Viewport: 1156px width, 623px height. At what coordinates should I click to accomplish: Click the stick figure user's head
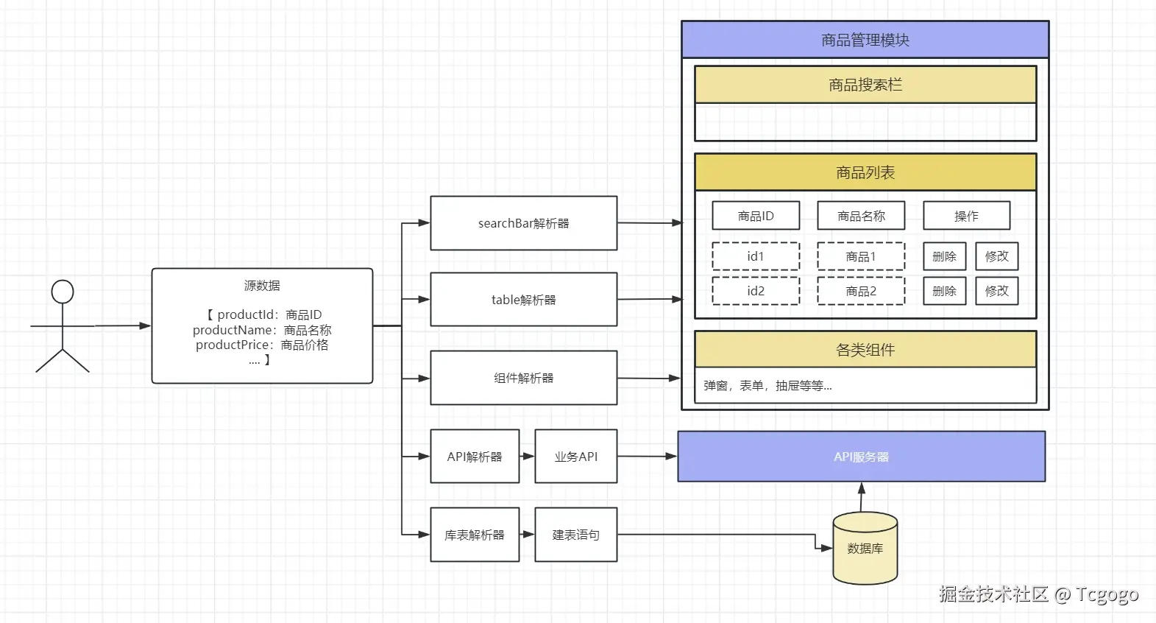pos(63,292)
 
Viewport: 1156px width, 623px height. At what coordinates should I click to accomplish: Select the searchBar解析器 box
pos(523,223)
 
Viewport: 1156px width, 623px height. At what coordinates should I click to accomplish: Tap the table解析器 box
pos(523,300)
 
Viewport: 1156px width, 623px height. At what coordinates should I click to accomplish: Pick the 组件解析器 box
pos(523,378)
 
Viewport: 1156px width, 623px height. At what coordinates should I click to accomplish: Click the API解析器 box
pos(475,457)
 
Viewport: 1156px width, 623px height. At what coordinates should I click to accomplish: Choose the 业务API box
pos(575,457)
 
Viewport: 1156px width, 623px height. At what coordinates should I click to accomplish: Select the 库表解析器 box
pos(475,535)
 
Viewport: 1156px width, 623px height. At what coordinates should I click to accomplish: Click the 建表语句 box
pos(575,535)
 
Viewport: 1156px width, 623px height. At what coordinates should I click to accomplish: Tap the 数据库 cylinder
pos(865,549)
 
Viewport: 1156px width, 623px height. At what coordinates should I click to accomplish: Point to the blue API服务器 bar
pos(861,457)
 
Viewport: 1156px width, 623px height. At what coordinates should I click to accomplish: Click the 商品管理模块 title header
pos(865,40)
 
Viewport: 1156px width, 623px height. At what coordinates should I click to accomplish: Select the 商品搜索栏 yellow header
pos(865,85)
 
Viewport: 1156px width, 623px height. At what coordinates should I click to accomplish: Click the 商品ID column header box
pos(756,216)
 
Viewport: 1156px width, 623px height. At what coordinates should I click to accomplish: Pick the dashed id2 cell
pos(756,291)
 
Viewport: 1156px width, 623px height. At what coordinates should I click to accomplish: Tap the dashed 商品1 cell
pos(861,256)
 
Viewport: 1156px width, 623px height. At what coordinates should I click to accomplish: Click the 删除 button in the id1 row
pos(944,256)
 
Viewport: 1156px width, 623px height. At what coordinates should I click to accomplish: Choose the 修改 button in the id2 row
pos(996,291)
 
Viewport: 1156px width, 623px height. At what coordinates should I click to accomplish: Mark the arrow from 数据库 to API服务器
pos(862,497)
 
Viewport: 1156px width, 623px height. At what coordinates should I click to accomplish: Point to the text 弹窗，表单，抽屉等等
pos(767,386)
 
